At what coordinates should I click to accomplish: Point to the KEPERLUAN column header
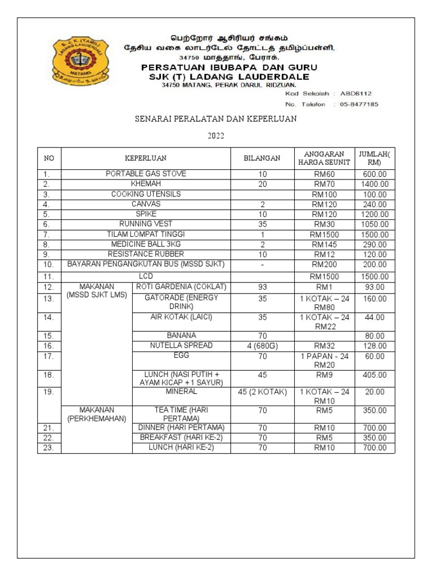145,159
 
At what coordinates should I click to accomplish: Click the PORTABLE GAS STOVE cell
146,174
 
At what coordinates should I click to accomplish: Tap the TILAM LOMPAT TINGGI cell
146,235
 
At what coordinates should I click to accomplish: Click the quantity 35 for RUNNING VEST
263,224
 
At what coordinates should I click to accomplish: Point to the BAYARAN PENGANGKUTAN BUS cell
146,264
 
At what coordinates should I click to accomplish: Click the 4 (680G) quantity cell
263,346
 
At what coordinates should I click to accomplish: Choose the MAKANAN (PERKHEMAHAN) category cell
97,415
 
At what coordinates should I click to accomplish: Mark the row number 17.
49,356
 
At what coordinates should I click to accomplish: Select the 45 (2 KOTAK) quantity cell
263,392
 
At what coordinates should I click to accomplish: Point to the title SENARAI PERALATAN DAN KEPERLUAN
215,120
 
